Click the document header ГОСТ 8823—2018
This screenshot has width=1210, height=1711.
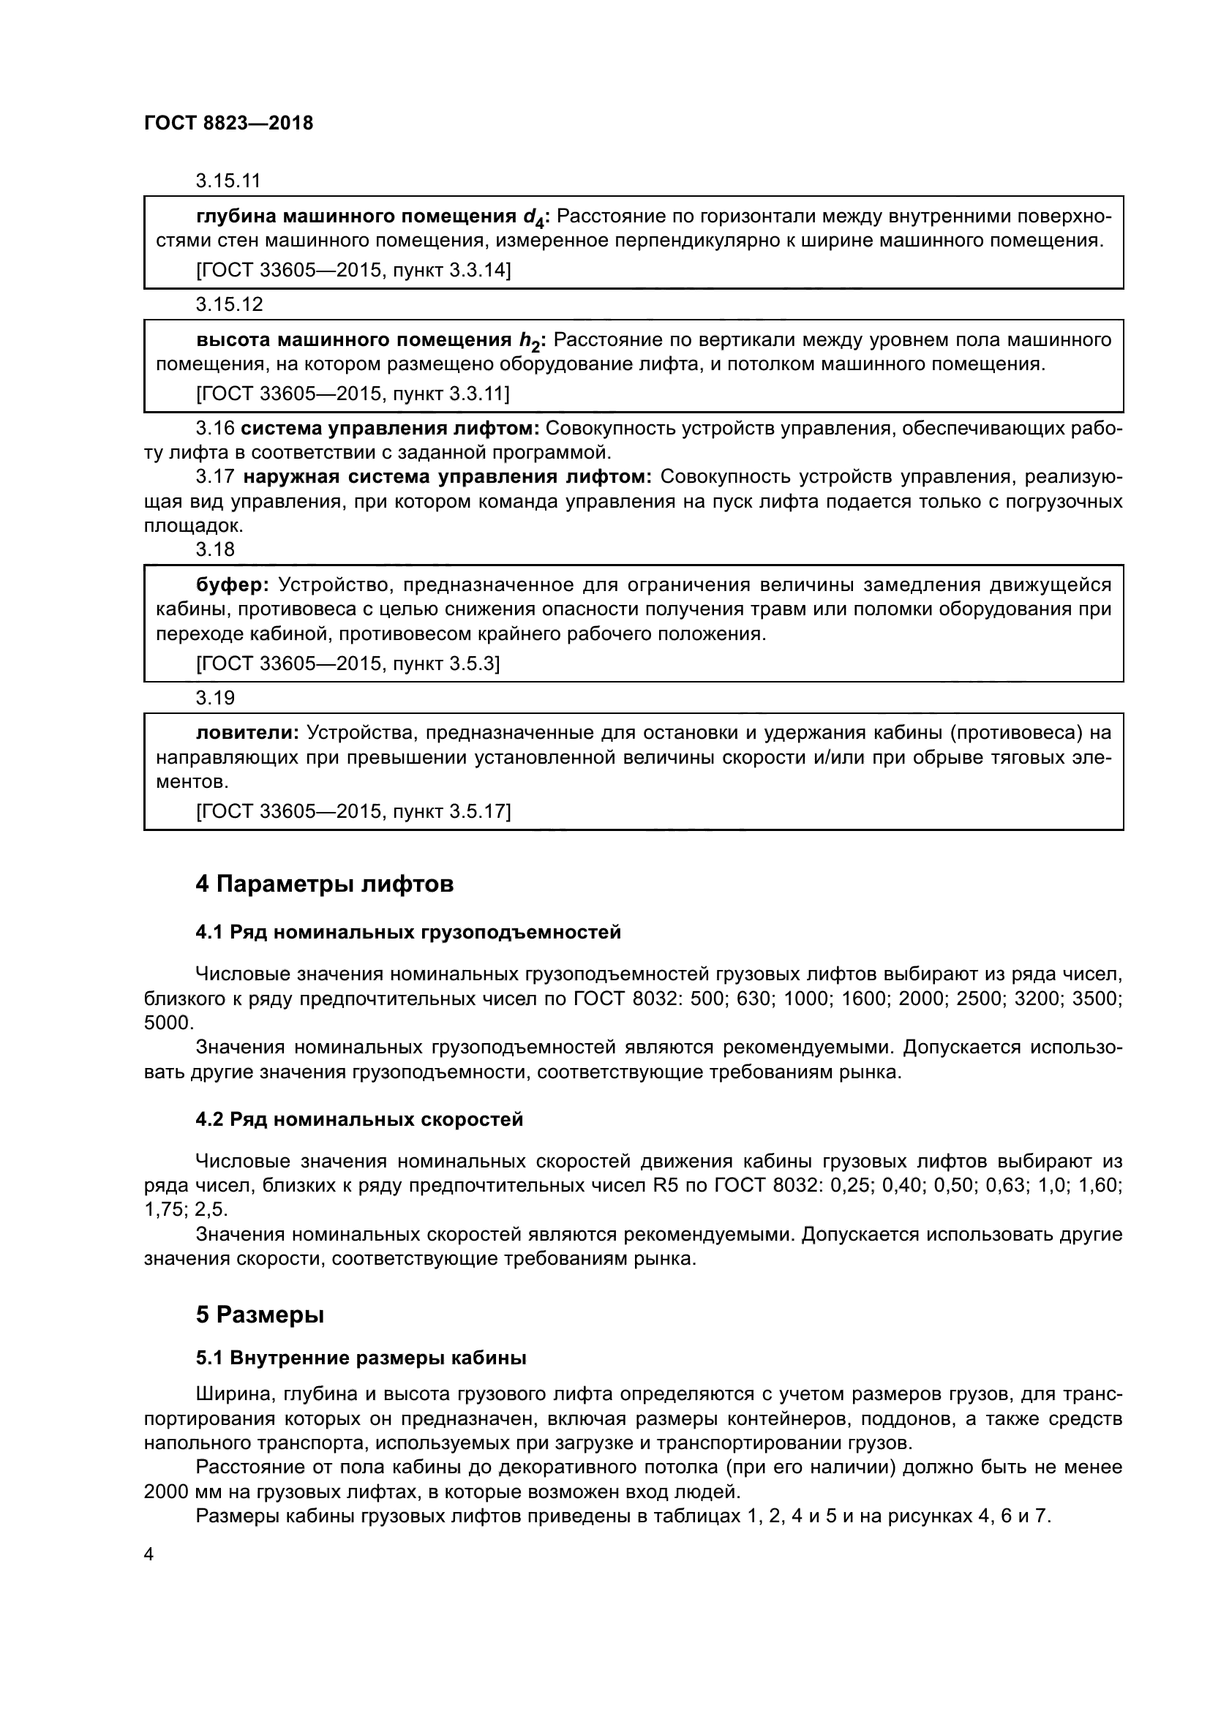pos(228,123)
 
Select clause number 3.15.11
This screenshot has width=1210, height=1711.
pos(229,181)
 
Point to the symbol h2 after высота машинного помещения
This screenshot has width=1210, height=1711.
pos(528,342)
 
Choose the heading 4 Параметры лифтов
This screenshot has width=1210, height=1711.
pos(324,884)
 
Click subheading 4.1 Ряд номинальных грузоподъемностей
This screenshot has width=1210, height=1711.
pos(408,932)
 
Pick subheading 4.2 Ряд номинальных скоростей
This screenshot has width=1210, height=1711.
pos(359,1119)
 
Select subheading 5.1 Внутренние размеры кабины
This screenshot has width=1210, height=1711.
pos(361,1358)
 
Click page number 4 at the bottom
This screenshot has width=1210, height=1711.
pos(149,1554)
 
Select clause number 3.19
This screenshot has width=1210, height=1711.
pos(215,698)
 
